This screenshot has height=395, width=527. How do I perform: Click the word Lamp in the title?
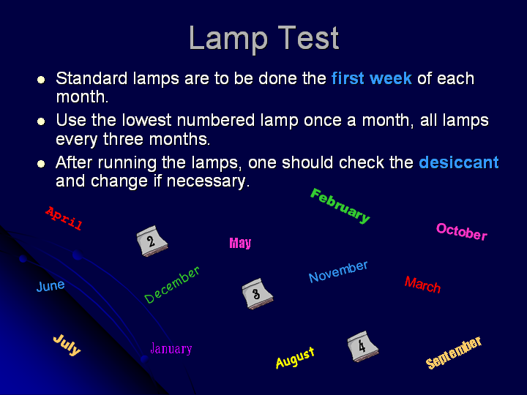click(228, 39)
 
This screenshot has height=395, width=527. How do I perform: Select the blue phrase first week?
click(372, 78)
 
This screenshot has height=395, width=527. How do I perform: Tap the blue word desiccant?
click(459, 162)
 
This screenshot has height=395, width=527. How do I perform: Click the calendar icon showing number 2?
click(152, 241)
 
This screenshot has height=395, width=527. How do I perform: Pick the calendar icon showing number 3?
click(258, 293)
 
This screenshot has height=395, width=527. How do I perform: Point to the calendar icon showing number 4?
click(362, 346)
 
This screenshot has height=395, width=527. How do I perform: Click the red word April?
click(64, 219)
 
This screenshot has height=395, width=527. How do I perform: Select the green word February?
click(340, 206)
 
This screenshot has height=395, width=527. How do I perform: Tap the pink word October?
click(462, 231)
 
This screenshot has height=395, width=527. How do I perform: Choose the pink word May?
click(240, 243)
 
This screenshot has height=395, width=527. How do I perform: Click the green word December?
click(172, 285)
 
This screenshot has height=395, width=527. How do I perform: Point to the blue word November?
click(338, 271)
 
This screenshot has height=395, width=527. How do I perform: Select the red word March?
click(422, 285)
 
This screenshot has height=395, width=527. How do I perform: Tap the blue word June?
click(51, 286)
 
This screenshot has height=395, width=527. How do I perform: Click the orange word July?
click(67, 345)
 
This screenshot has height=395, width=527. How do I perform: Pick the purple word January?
click(171, 349)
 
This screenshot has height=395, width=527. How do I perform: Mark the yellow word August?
click(295, 358)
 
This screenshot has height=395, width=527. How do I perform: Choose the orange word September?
click(454, 353)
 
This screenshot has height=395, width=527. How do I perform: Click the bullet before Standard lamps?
click(41, 80)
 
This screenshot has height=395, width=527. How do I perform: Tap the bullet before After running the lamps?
click(41, 164)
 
